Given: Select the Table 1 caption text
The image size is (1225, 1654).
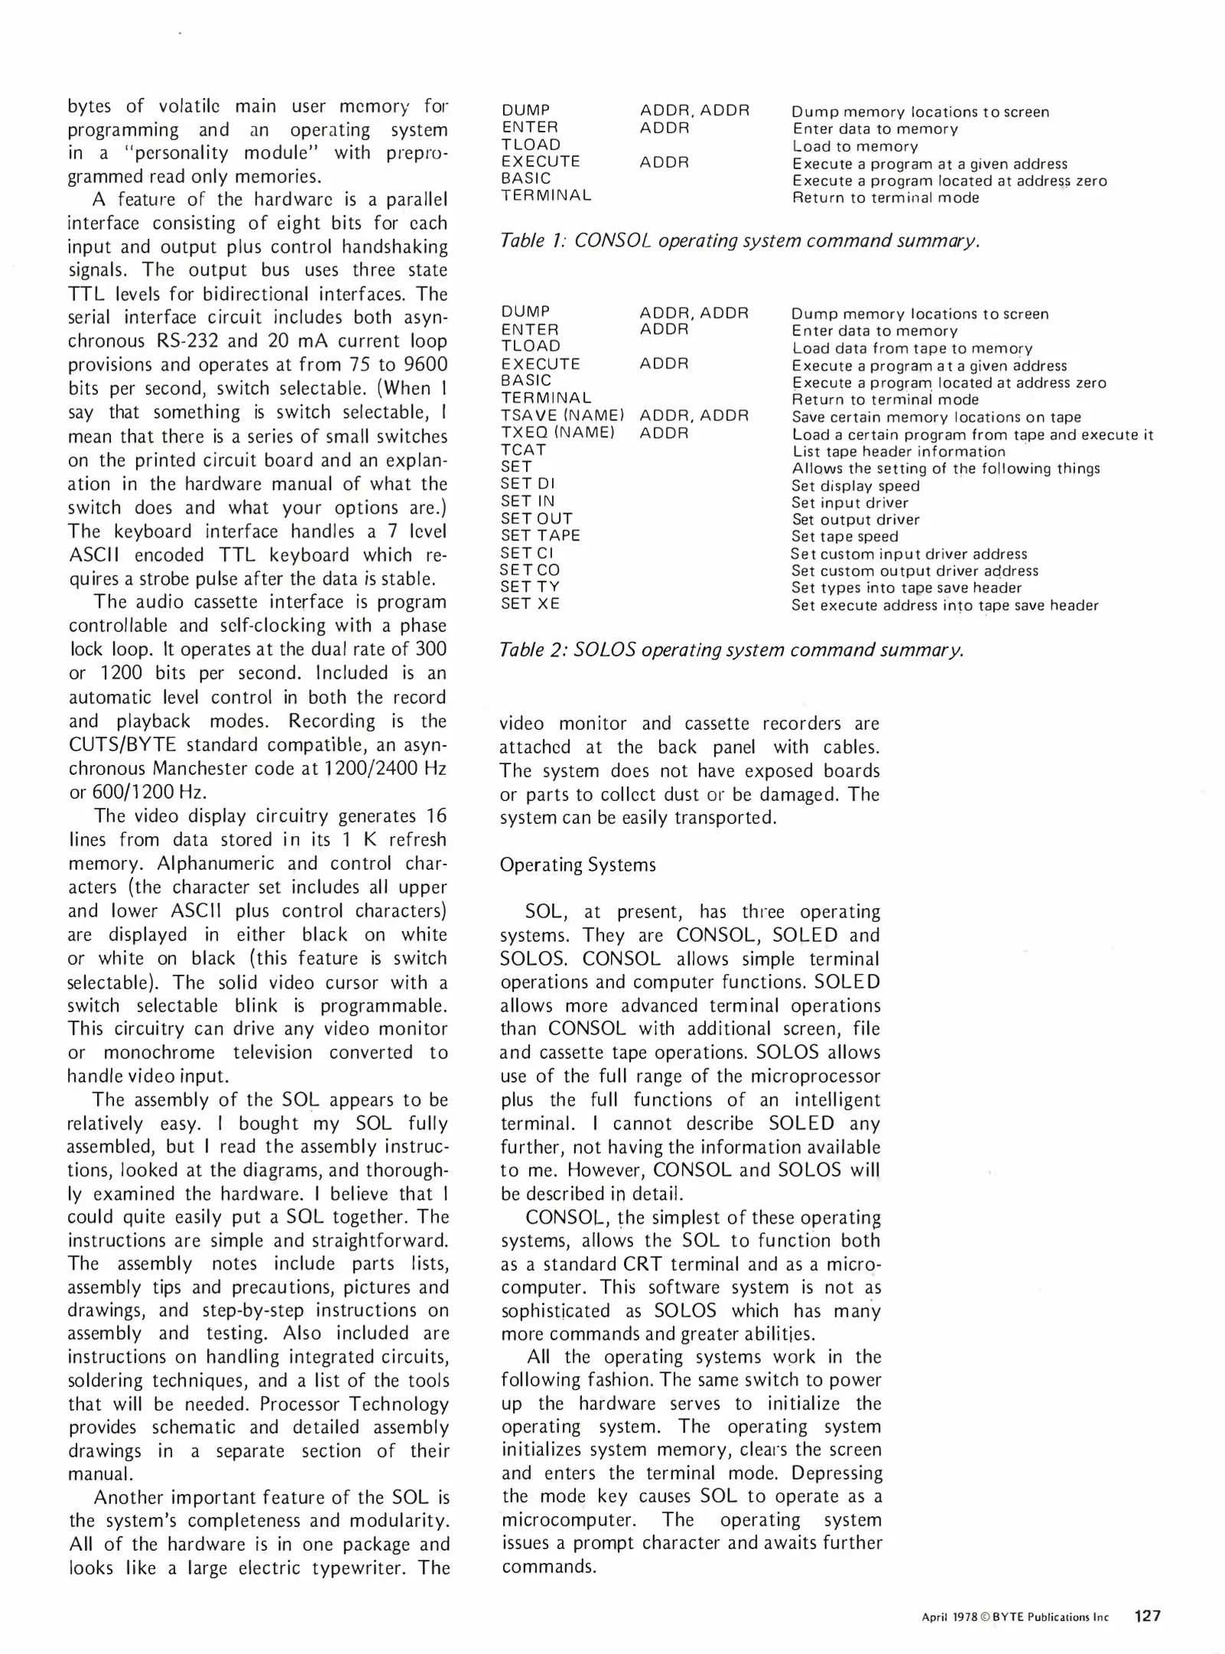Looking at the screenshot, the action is point(739,240).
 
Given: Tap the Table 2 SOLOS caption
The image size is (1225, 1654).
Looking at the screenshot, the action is point(731,649).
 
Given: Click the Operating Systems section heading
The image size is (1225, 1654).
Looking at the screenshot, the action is point(577,865).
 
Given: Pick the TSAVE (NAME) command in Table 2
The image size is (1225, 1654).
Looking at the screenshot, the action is point(562,416).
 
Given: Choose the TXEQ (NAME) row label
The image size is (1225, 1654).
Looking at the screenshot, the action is point(557,433).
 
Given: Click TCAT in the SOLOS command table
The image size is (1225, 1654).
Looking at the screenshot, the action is point(524,449).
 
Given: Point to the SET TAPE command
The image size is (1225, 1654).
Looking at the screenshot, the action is point(541,535).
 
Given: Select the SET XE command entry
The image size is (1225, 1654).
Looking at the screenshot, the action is point(530,603).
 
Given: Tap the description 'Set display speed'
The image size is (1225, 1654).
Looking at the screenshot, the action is point(855,485).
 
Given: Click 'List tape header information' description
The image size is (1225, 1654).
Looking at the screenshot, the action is point(899,451).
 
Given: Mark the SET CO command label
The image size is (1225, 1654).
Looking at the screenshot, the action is point(530,570).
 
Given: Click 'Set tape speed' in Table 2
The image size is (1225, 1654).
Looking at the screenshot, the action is point(844,536).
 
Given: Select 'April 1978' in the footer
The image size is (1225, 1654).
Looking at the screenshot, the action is point(949,1617).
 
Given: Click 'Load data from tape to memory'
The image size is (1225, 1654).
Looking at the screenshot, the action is point(912,348).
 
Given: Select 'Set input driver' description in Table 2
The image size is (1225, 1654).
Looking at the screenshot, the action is point(850,502).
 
